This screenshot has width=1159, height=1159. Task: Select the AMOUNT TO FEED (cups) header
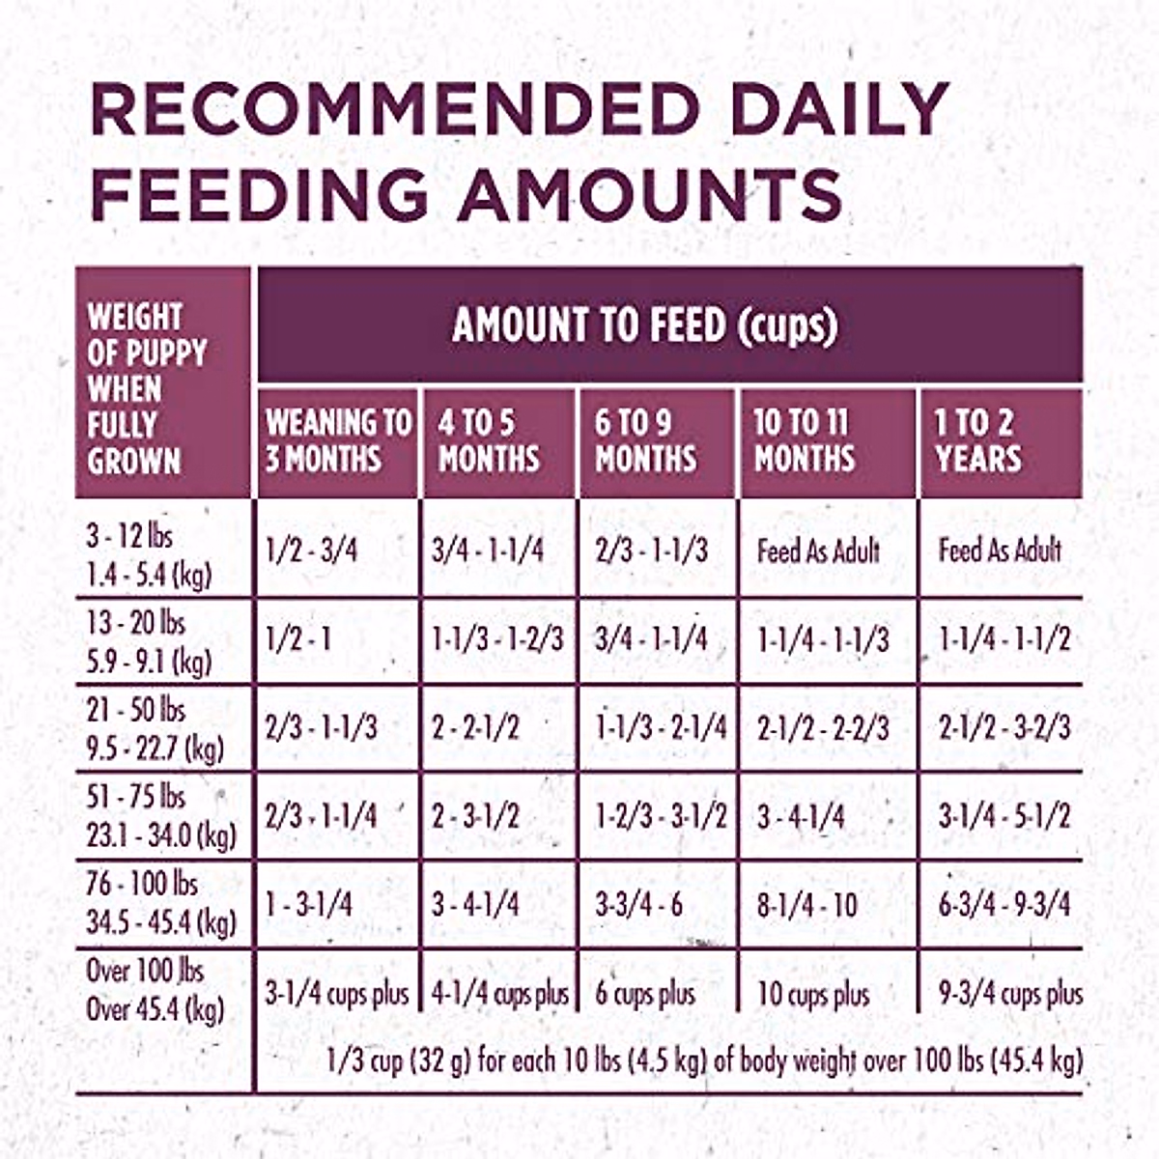[644, 325]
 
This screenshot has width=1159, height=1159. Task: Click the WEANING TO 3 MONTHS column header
[338, 440]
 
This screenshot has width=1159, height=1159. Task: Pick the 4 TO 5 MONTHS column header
[489, 440]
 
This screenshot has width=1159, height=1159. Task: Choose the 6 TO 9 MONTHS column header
[645, 440]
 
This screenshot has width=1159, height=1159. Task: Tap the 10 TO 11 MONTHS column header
[804, 440]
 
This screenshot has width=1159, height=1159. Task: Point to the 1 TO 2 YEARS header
[977, 440]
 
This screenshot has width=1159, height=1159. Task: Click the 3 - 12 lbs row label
[148, 555]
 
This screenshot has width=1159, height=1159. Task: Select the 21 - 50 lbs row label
[155, 729]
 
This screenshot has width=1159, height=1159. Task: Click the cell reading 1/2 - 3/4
[311, 551]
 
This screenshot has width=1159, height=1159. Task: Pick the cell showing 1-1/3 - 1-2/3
[497, 639]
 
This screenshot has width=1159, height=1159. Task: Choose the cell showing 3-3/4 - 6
[638, 906]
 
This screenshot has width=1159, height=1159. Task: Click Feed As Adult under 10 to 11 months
[818, 551]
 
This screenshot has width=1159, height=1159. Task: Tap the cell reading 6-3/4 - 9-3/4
[1004, 906]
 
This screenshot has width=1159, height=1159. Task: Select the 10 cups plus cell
[813, 994]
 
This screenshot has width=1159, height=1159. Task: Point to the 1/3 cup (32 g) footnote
[704, 1060]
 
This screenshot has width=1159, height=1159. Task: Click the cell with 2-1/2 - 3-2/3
[1004, 728]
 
